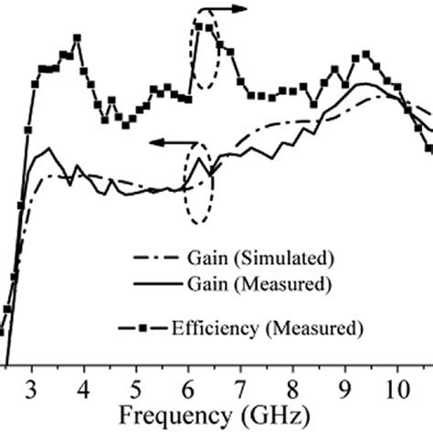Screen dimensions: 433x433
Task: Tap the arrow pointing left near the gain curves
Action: (168, 143)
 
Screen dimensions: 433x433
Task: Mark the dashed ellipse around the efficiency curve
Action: (204, 55)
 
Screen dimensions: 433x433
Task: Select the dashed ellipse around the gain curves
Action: (198, 183)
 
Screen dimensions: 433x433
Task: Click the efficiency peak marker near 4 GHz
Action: (78, 37)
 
